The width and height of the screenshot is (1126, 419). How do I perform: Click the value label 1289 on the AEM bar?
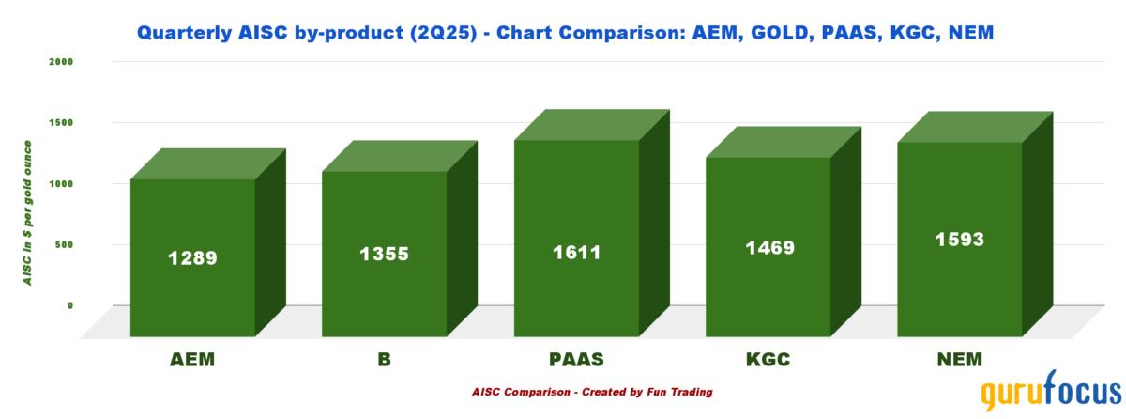[192, 258]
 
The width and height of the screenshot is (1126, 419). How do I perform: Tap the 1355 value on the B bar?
[384, 254]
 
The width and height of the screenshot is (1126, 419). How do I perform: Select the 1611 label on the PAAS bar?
[576, 253]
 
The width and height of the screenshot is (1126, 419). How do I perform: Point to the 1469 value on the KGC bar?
[769, 247]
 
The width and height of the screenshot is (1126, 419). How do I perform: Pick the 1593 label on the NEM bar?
[960, 240]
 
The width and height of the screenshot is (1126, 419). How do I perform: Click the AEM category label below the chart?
[192, 360]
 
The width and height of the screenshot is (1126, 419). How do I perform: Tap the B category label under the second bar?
[384, 360]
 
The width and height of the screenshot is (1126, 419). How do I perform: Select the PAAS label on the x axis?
[576, 360]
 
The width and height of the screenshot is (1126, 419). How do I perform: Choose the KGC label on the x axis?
[768, 360]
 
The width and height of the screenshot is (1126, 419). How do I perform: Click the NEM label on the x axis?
[960, 360]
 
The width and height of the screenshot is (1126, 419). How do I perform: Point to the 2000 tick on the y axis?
[61, 62]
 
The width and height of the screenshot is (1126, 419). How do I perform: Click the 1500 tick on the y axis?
[61, 123]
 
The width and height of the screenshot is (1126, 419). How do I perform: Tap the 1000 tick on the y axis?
[61, 183]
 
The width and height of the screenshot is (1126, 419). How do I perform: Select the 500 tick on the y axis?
[65, 245]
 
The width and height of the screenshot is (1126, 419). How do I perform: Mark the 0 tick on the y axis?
[70, 306]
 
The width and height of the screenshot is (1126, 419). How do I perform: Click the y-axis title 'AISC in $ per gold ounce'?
[27, 212]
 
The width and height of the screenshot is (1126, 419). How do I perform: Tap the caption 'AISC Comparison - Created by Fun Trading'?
[592, 392]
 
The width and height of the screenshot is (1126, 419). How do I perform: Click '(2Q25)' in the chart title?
[443, 33]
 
